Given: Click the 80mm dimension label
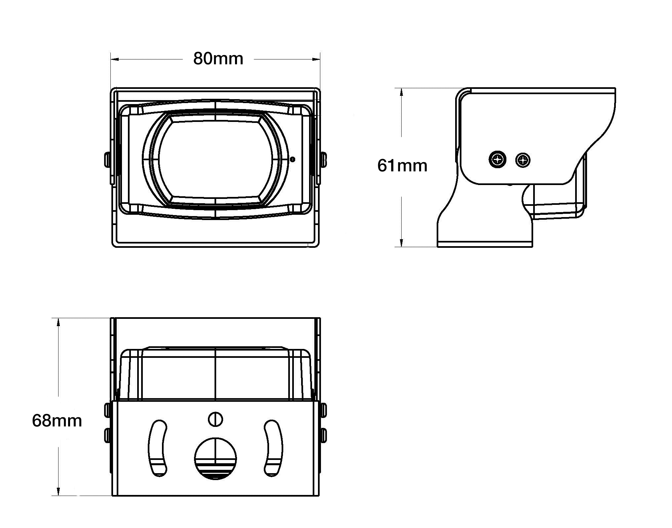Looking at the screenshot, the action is tap(218, 59).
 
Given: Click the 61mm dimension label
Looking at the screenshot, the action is tap(402, 166).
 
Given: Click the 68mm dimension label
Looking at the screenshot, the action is tap(57, 421).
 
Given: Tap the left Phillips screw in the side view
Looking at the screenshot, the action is tap(497, 160).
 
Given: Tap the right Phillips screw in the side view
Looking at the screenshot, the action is tap(523, 161).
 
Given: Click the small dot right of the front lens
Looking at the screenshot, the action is tap(292, 159).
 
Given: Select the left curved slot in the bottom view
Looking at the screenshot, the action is tap(157, 448).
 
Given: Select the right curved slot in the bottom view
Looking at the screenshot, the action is tap(274, 448).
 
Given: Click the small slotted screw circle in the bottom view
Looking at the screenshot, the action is tap(215, 419).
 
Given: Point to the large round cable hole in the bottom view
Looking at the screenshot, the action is tap(215, 458).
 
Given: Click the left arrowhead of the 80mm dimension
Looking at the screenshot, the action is tap(114, 59).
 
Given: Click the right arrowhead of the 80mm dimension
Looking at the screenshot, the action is tap(316, 59).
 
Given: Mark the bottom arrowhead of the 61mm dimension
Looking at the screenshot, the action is tap(401, 243).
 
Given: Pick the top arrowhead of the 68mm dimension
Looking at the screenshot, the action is tap(59, 322).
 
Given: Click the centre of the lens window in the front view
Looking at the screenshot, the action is tap(215, 160).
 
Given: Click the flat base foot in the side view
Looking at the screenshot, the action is tap(485, 244).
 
